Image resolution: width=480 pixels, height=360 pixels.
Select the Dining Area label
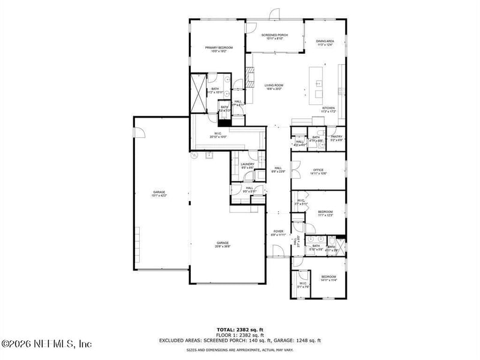pos(325,43)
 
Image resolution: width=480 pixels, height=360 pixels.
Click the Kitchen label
pos(328,110)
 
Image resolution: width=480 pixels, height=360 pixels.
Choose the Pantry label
pos(337,138)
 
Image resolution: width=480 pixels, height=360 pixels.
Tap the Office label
pos(318,172)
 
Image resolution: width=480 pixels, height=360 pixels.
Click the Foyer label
pos(278,233)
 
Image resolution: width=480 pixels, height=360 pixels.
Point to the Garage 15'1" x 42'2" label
pos(158,194)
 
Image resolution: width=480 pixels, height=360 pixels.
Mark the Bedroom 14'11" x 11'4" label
pos(328,278)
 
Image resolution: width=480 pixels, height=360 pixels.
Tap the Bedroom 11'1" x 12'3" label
pos(325,214)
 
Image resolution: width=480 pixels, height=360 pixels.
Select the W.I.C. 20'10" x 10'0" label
pos(217,135)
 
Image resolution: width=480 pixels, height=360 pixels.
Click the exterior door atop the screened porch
pos(275,14)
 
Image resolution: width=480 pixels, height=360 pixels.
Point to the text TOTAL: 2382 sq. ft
pos(240,329)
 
